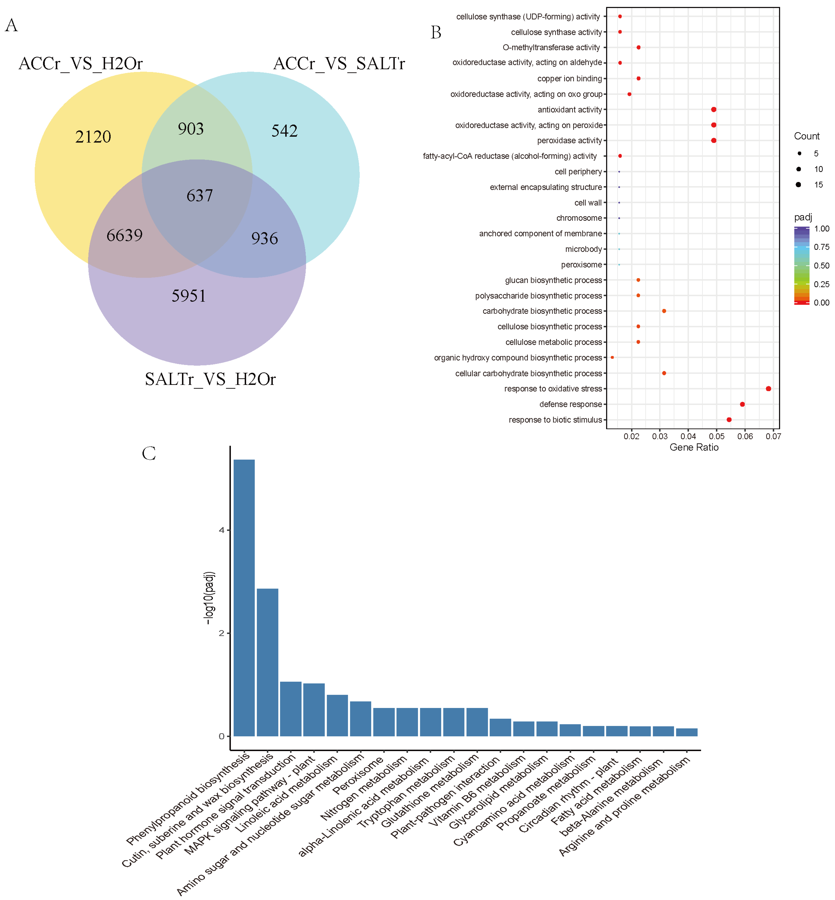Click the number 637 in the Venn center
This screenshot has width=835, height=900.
(199, 195)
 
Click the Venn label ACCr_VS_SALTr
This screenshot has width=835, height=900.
(339, 64)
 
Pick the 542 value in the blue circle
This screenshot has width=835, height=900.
(284, 131)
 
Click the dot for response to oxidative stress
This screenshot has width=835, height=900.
(768, 389)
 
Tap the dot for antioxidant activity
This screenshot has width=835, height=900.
(713, 110)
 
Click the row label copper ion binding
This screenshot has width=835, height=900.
(569, 78)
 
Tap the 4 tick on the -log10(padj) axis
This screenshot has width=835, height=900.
(221, 530)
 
